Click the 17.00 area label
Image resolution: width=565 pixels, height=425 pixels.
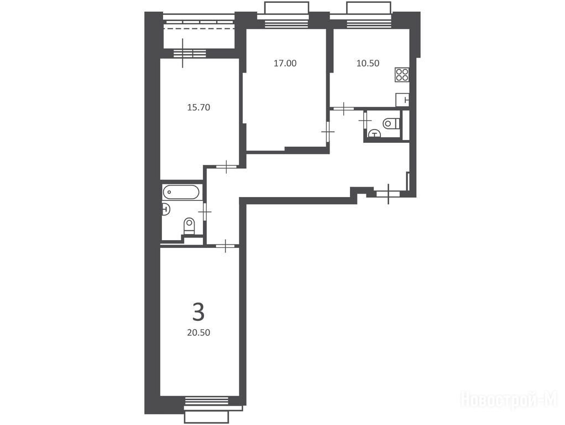tap(285, 64)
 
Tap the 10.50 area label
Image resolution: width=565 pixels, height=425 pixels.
tap(368, 64)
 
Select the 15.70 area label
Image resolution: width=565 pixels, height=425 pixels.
tap(198, 107)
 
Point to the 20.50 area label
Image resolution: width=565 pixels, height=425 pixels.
tap(198, 333)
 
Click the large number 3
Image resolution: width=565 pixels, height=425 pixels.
tap(198, 312)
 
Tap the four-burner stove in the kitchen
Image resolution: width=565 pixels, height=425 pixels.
tap(402, 75)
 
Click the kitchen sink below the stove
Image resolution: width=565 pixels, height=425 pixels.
tap(402, 100)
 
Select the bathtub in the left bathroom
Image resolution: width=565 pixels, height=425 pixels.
tap(181, 192)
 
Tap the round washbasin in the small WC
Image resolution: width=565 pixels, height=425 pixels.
tap(375, 134)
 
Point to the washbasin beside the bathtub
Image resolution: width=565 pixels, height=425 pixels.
tap(166, 209)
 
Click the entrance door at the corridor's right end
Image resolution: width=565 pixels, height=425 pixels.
tap(388, 194)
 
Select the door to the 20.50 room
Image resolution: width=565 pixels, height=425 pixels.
tap(226, 246)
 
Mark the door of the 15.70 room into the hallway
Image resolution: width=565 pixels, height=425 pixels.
tap(226, 167)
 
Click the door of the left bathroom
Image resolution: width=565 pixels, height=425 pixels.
tap(205, 212)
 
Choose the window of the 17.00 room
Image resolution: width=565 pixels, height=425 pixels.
tap(286, 14)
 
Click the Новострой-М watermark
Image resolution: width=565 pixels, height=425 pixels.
tap(509, 400)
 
